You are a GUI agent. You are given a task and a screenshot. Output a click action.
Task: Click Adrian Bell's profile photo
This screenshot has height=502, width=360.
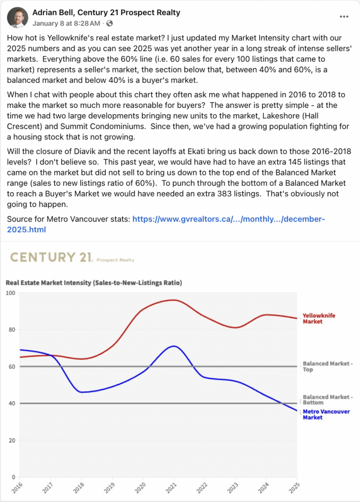(x=18, y=17)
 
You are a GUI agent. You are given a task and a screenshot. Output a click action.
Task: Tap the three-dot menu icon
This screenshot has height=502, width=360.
(x=344, y=16)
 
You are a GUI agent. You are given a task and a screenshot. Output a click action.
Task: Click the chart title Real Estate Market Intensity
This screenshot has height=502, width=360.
(x=93, y=283)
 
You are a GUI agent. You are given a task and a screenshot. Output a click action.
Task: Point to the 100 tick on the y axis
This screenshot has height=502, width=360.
(x=10, y=293)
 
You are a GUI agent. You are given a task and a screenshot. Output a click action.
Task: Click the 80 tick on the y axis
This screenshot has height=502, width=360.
(x=11, y=329)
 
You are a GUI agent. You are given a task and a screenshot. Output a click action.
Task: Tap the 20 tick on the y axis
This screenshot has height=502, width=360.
(x=11, y=440)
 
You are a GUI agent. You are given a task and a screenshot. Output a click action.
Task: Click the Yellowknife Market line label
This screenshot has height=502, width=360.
(x=319, y=319)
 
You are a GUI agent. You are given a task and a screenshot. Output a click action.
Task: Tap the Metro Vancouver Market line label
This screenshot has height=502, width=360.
(x=326, y=414)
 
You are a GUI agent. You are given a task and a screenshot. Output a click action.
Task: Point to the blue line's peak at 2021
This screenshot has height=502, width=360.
(x=173, y=346)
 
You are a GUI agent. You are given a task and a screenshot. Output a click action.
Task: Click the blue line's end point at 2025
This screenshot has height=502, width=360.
(x=297, y=411)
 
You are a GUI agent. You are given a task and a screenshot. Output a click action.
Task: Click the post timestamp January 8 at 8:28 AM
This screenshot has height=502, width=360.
(x=67, y=23)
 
